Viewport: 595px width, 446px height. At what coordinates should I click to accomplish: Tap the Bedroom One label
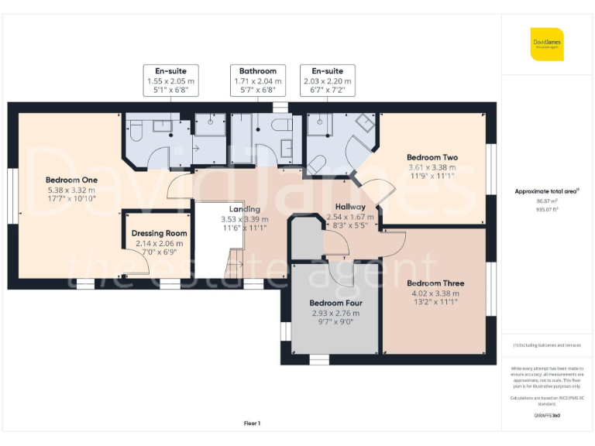click(71, 180)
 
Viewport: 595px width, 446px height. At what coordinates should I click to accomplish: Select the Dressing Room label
click(159, 233)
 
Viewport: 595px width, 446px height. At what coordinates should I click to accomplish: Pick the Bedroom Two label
click(432, 157)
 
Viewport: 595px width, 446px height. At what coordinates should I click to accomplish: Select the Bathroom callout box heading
click(258, 71)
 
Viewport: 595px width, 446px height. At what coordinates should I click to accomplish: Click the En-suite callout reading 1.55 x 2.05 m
click(170, 81)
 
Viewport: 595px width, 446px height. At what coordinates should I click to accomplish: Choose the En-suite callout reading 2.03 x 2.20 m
click(328, 81)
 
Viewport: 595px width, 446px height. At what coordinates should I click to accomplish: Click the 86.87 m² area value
click(547, 201)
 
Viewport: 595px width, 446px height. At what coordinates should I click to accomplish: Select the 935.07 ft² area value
click(547, 209)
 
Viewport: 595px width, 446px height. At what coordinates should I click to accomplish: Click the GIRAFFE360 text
click(547, 416)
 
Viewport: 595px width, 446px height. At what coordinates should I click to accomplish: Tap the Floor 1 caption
click(252, 423)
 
